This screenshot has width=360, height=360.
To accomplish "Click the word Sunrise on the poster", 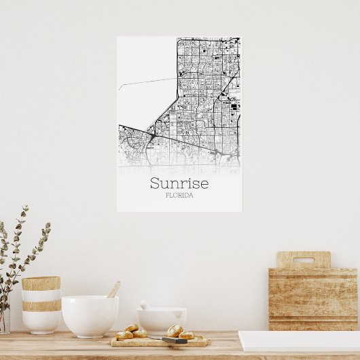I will pos(179,183).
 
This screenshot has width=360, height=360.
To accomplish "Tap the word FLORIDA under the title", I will pos(179,196).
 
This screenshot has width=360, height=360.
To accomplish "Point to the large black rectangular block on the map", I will pos(235,106).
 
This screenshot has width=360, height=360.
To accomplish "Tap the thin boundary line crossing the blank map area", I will pos(146,83).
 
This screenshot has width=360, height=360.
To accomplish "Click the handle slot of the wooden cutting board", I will pos(303,260).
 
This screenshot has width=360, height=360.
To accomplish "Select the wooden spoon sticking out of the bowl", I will pos(113,289).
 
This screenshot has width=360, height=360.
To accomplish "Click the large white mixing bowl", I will pos(90,315).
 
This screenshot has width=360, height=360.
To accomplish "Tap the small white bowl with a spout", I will pos(162,319).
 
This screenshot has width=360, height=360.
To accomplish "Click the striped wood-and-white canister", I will pos(41,304).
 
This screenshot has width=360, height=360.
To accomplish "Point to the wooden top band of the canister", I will pos(41,283).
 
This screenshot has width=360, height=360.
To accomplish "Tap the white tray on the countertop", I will pos(299,340).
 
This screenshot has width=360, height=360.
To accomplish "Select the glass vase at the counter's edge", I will pos(4,319).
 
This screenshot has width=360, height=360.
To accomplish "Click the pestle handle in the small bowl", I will pos(144,305).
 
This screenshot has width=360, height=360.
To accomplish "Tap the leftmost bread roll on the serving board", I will pos(124,335).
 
